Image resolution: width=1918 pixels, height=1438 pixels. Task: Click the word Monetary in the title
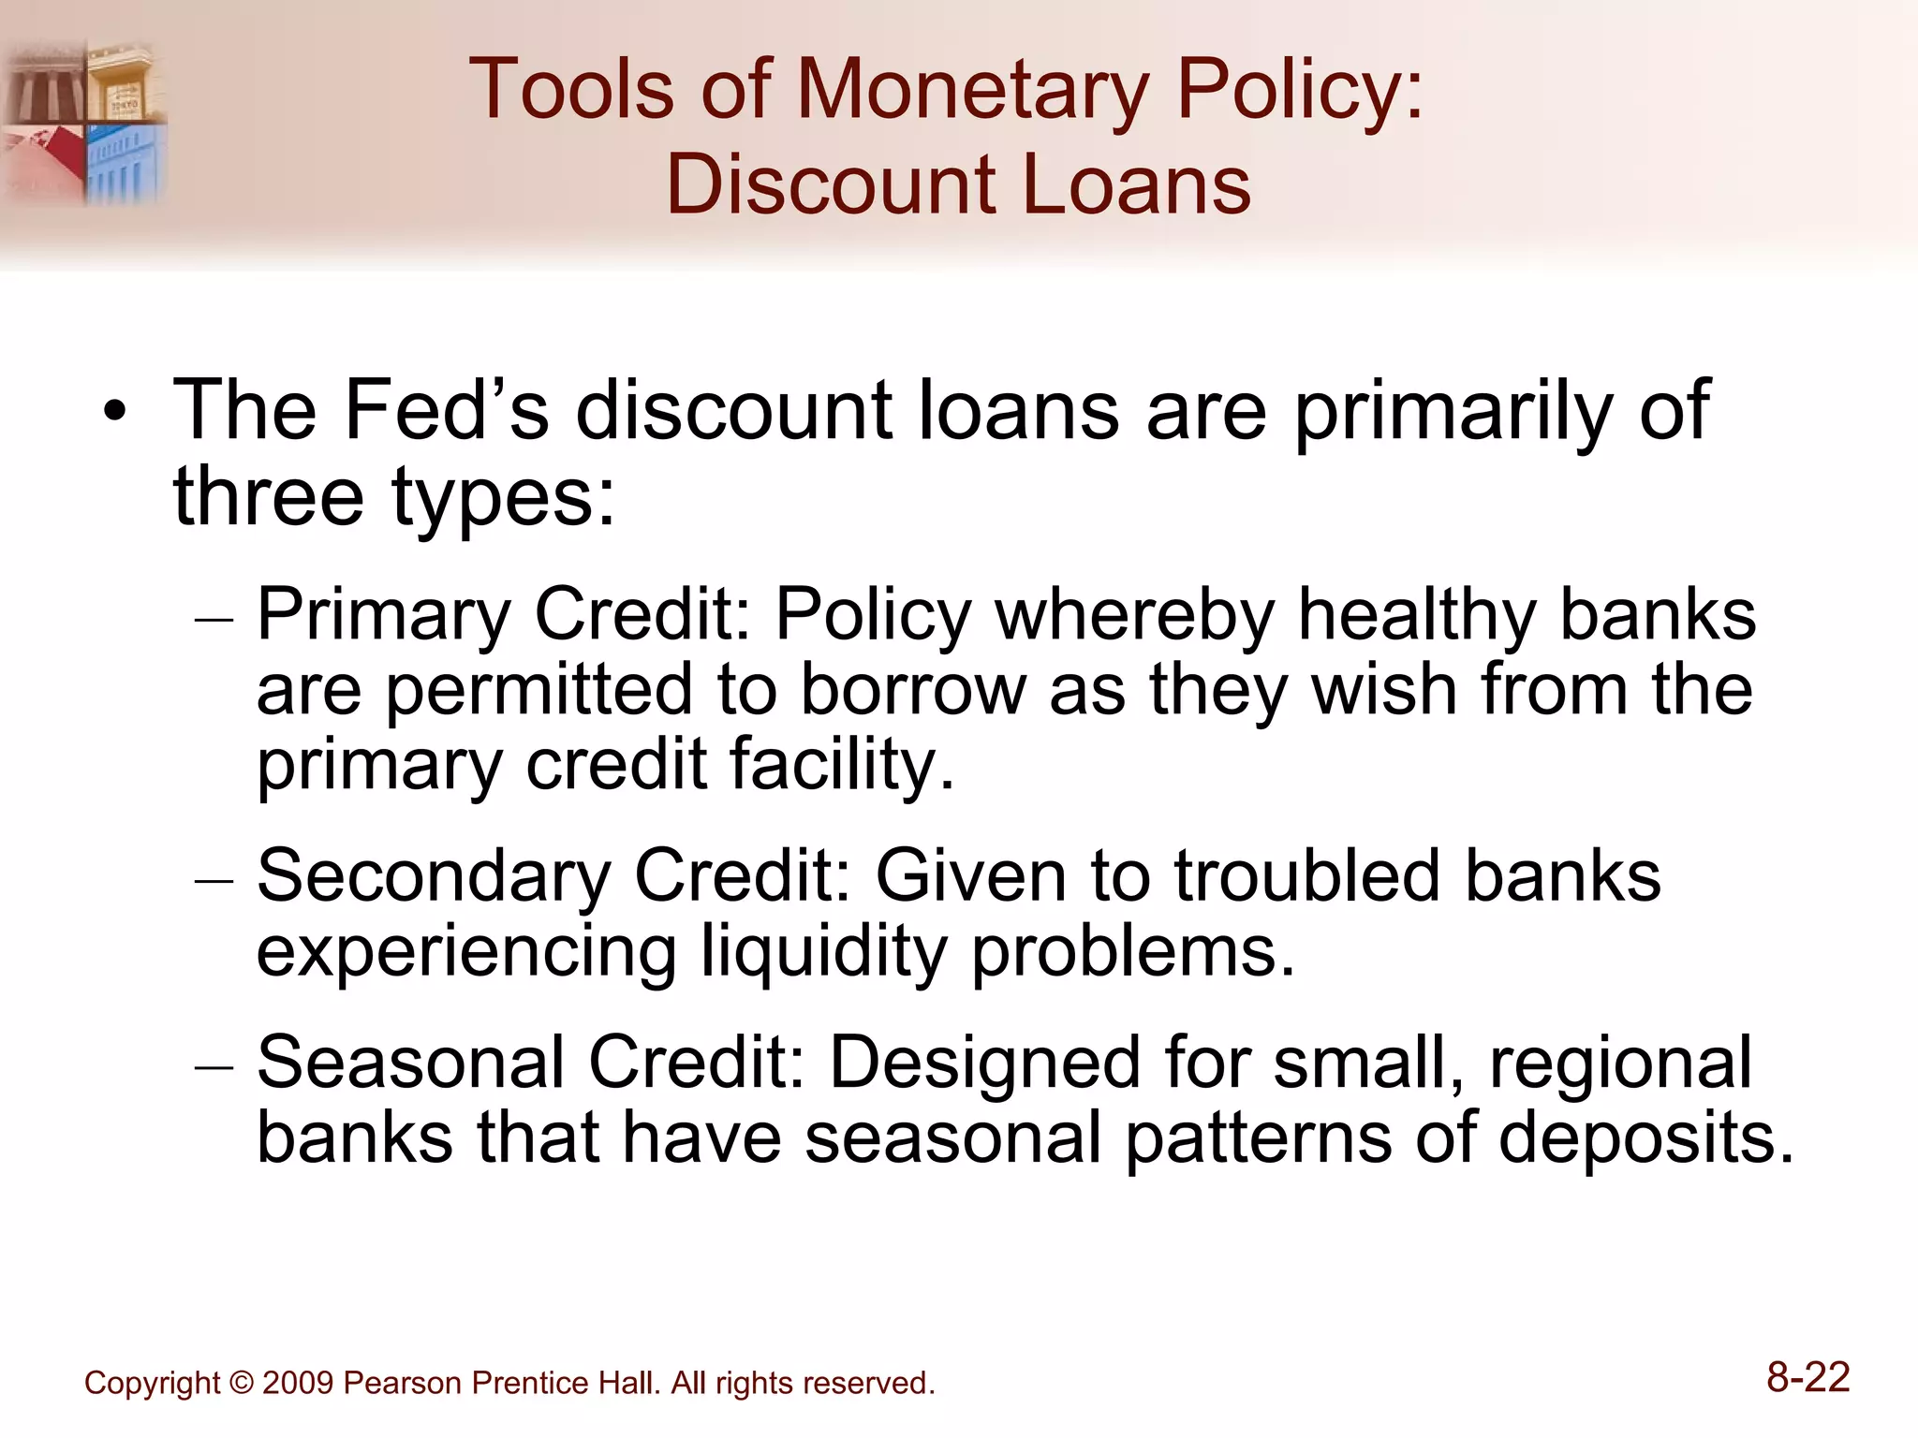971,91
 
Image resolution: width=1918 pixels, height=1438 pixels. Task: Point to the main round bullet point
114,412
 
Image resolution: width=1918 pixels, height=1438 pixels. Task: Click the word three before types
268,496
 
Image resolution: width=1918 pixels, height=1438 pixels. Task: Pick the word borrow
912,691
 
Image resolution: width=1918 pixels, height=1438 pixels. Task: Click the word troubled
1307,877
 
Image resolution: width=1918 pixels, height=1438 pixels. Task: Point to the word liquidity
824,952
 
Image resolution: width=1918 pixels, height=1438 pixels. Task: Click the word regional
1620,1064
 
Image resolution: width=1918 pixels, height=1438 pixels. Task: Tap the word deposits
1645,1139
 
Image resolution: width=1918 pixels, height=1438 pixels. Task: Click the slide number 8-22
1807,1378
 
